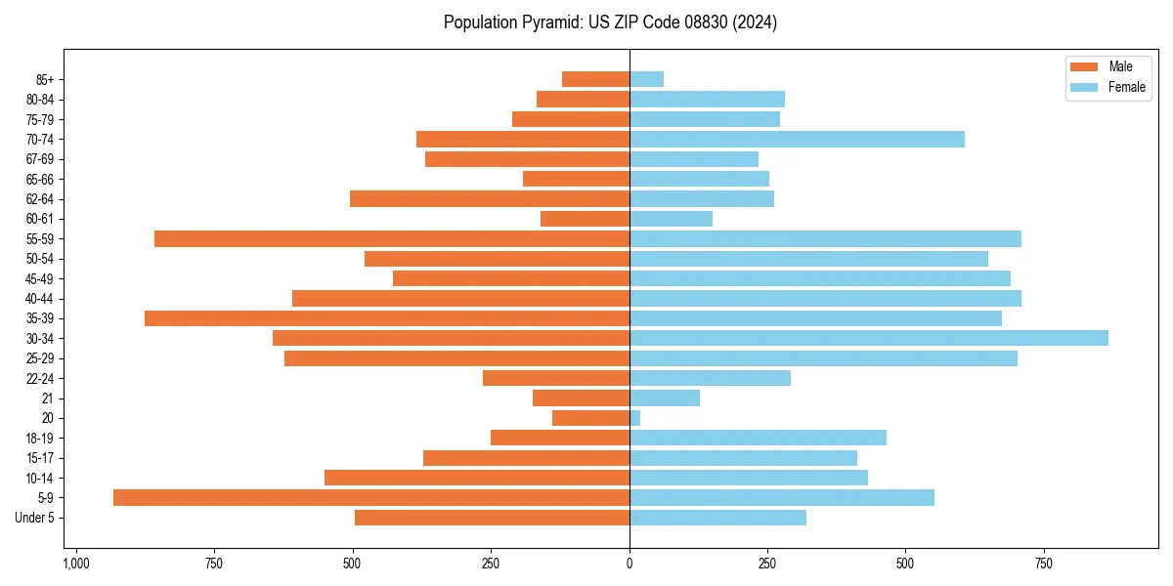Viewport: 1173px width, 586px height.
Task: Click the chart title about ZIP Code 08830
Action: tap(610, 22)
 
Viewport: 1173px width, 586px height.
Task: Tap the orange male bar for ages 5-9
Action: tap(371, 497)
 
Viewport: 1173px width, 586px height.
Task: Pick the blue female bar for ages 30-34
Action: tap(868, 338)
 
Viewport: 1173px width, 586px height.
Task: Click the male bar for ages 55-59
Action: tap(392, 238)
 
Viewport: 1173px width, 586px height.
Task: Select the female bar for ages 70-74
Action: tap(797, 139)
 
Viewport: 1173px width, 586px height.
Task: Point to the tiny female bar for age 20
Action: tap(635, 418)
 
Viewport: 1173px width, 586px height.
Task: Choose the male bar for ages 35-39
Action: tap(387, 318)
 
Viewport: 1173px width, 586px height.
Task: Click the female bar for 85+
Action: tap(646, 79)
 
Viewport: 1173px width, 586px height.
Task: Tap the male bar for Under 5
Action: tap(492, 518)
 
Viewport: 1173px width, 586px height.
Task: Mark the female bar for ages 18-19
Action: tap(758, 438)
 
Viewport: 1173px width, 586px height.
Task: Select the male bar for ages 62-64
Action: tap(490, 198)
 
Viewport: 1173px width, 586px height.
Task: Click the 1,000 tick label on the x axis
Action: tap(76, 564)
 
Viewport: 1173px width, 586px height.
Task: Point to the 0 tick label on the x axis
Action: tap(630, 564)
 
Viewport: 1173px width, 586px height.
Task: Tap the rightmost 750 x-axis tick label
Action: tap(1044, 564)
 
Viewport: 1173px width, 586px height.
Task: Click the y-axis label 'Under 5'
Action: tap(35, 518)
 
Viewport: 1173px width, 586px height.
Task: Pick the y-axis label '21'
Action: tap(48, 398)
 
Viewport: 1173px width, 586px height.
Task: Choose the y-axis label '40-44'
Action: tap(39, 299)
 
